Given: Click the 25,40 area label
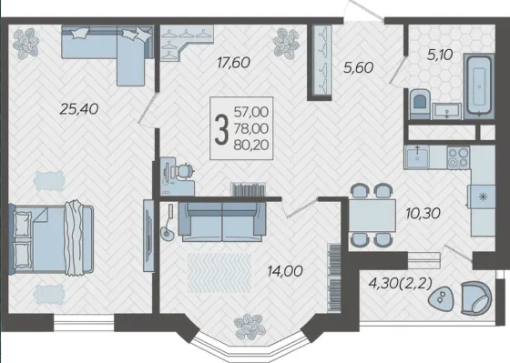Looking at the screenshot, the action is point(79,109).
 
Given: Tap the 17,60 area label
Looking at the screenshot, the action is point(233,63).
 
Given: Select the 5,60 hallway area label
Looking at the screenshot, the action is point(359,68).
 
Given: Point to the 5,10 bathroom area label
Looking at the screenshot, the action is point(440,55).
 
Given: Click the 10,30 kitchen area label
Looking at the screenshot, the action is point(423,213).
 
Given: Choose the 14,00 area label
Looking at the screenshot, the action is point(285,271).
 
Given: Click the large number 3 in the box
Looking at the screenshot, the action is point(221,131).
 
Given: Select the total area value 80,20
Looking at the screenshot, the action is point(251,146).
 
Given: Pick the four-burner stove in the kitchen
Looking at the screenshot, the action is point(458,157).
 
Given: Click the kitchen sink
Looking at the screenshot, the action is point(417,157).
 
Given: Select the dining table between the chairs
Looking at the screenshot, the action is point(372,216).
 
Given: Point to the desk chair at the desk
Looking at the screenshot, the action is point(184,171).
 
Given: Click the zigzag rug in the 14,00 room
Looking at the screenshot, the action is point(219,273).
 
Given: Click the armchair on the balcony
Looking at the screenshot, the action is point(476,298).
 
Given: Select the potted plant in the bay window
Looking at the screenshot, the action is point(250,327).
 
